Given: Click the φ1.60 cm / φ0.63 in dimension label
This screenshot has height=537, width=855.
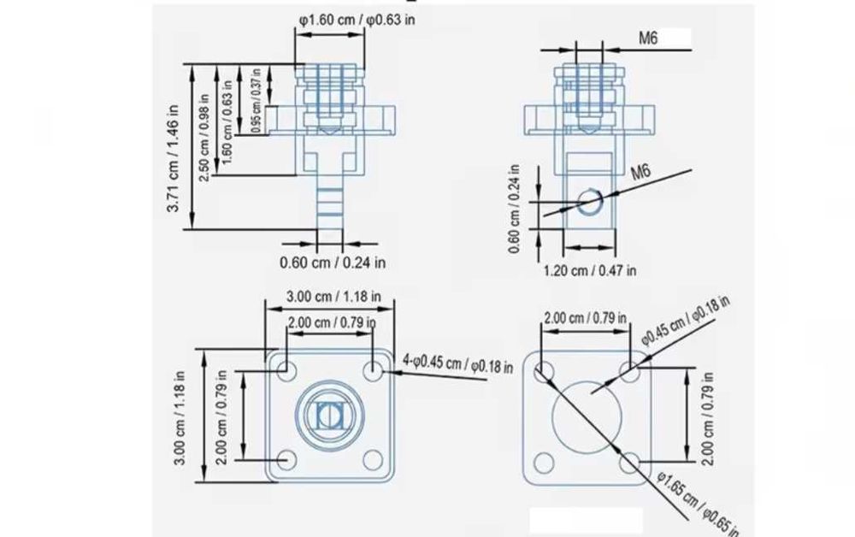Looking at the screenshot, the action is [x=357, y=21].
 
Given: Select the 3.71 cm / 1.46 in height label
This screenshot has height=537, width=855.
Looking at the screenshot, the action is [x=174, y=159].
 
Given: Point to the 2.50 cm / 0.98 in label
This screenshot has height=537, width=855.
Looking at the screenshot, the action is [x=204, y=139].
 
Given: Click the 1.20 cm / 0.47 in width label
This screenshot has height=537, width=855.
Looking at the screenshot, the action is [x=589, y=270].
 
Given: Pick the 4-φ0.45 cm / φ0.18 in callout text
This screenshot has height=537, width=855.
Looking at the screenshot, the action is [x=457, y=363].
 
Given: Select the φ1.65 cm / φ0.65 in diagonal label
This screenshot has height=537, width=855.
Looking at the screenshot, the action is [x=698, y=503].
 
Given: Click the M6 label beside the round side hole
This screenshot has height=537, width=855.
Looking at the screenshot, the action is [x=641, y=172].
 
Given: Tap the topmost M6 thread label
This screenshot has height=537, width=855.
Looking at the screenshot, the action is [x=648, y=38].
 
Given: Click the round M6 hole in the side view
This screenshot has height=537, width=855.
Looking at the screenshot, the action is [x=590, y=201].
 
